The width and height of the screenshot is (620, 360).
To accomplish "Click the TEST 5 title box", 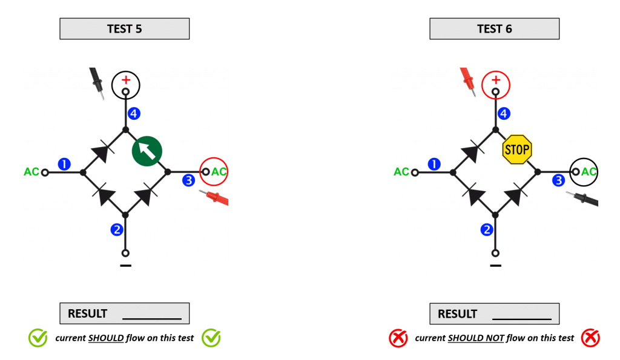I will click(124, 29).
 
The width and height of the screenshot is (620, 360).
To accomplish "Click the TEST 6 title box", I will click(494, 29).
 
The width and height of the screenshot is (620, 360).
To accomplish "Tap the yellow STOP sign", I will click(517, 149).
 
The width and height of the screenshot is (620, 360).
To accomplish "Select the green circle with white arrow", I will click(147, 151).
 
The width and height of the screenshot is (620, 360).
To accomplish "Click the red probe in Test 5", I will click(216, 197).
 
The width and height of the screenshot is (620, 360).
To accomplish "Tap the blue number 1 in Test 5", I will click(64, 164).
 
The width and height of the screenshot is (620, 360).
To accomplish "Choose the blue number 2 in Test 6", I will click(487, 230).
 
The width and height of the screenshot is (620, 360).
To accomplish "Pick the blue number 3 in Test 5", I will click(189, 180).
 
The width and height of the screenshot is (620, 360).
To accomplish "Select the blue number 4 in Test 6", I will click(504, 113).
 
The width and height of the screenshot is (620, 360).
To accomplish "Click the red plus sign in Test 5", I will click(126, 79).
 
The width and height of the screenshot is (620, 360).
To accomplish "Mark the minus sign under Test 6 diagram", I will click(496, 265).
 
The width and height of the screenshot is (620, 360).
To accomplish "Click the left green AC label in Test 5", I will click(31, 172).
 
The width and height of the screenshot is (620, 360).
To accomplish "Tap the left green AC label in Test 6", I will click(401, 172).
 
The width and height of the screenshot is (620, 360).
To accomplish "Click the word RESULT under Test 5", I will click(87, 313).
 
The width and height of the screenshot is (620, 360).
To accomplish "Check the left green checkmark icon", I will click(38, 338).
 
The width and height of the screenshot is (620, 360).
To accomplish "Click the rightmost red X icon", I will click(590, 338).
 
